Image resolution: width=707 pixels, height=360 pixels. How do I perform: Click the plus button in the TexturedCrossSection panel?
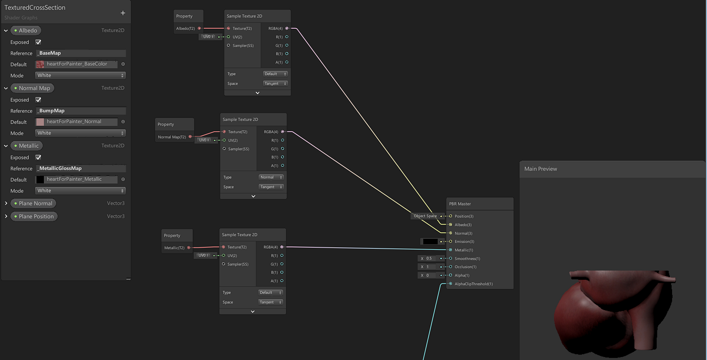tap(123, 13)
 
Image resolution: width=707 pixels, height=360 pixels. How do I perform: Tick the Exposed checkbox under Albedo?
tap(38, 42)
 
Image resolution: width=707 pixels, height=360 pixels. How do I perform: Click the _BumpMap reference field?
tap(81, 111)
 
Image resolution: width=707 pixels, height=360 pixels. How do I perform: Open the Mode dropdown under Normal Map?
tap(80, 133)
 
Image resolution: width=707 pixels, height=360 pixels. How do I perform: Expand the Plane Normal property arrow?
tap(6, 203)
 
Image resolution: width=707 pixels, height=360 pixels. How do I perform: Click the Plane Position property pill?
tap(34, 217)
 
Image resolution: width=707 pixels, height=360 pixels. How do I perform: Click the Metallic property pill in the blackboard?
tap(26, 146)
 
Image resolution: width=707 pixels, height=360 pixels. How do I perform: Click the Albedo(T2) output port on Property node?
tap(199, 28)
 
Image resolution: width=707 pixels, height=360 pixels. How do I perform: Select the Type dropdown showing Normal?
tap(271, 177)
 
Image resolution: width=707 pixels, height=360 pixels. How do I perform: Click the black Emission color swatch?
tap(430, 241)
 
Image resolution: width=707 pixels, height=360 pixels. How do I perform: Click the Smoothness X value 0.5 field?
tap(429, 259)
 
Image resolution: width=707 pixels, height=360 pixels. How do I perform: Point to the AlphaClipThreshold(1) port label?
tap(474, 284)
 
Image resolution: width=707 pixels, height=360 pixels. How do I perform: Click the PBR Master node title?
tap(460, 204)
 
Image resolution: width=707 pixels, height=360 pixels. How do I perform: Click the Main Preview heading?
tap(540, 169)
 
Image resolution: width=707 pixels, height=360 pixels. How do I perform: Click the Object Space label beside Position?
tap(425, 216)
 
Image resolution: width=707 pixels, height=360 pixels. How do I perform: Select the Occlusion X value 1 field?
tap(429, 267)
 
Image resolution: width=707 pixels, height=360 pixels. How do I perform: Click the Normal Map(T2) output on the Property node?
tap(190, 137)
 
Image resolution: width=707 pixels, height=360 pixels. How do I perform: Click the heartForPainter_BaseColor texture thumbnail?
tap(40, 64)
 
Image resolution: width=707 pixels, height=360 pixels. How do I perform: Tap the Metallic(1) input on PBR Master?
tap(450, 250)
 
